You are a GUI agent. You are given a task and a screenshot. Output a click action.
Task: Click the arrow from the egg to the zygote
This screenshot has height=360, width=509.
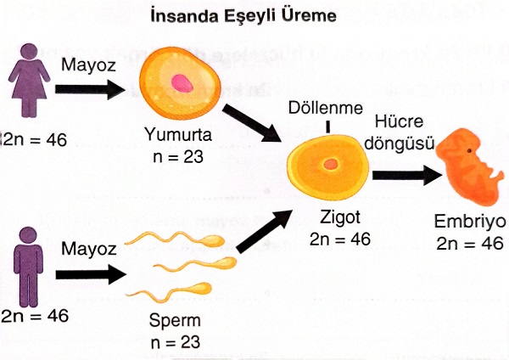(260, 121)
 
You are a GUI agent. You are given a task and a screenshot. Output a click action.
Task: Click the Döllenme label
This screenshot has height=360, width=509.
(328, 110)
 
